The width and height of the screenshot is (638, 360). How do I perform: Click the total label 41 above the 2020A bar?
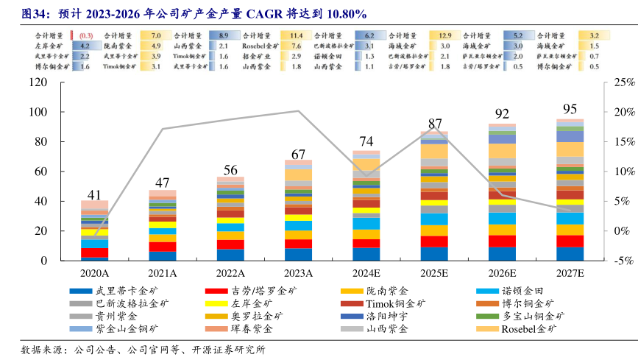pos(94,195)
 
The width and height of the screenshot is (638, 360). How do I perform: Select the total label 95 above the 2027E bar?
pos(569,107)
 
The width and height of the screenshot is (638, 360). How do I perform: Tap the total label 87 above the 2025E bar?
pos(434,124)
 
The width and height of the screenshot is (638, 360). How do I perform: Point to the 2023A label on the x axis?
pos(297,272)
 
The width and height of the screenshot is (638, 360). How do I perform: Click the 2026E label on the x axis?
pos(502,272)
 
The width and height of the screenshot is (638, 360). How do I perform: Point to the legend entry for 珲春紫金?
pos(252,328)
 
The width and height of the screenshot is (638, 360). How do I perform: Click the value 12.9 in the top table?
pos(445,35)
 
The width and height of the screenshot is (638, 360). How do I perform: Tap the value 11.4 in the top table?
pos(297,35)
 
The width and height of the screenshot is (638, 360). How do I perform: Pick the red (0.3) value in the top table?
pos(85,35)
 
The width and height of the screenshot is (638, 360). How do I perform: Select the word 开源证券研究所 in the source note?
pos(230,349)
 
